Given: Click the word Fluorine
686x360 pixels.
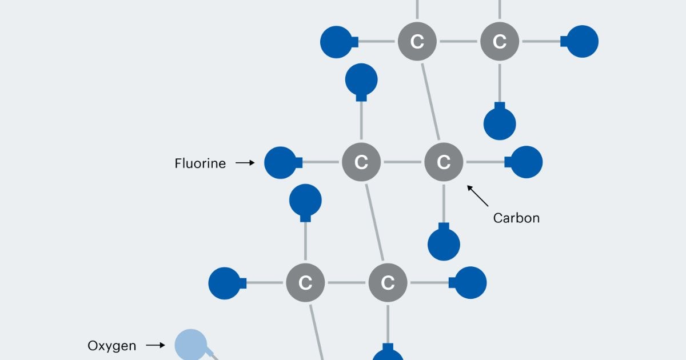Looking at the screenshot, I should click(x=200, y=163).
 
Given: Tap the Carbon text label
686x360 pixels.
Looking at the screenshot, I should click(x=516, y=218).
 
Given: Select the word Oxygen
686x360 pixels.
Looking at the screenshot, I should click(x=112, y=346).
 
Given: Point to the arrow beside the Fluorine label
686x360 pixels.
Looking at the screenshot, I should click(x=245, y=163).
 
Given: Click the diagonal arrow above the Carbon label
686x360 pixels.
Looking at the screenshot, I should click(x=478, y=195).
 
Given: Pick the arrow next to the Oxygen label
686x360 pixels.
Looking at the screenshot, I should click(x=155, y=345).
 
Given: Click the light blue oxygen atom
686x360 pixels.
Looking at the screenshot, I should click(x=190, y=345).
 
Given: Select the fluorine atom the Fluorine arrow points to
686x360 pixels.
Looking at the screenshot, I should click(x=281, y=163).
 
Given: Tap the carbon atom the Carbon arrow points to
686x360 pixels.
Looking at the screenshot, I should click(x=444, y=163).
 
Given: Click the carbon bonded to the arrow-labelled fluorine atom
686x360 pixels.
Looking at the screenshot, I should click(x=361, y=163).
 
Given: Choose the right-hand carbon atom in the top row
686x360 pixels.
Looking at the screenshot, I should click(x=500, y=42).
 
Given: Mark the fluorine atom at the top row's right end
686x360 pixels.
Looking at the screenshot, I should click(x=581, y=42).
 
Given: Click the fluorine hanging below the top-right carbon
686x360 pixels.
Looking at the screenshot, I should click(x=500, y=123).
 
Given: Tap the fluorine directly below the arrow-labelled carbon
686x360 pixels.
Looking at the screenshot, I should click(x=444, y=243).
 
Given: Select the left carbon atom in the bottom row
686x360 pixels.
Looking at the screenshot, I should click(x=305, y=283).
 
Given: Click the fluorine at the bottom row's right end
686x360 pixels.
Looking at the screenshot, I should click(x=470, y=283).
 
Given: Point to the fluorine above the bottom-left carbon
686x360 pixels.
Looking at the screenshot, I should click(x=305, y=201).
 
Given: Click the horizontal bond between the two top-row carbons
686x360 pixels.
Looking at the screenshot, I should click(x=458, y=42).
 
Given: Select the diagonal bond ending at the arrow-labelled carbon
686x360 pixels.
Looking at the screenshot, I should click(x=430, y=102).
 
